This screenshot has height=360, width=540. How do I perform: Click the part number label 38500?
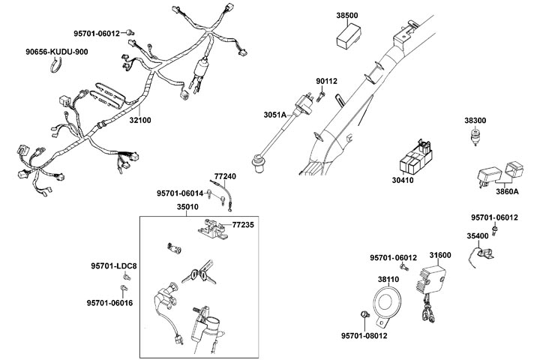click(x=347, y=15)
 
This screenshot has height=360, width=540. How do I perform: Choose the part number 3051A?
click(x=275, y=115)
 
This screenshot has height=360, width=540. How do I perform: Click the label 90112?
click(x=326, y=81)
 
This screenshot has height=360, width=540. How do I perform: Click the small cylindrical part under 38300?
click(x=474, y=138)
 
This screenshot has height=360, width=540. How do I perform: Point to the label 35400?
click(x=478, y=236)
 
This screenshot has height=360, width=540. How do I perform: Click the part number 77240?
click(x=226, y=175)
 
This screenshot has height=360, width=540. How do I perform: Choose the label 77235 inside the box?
click(x=244, y=224)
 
